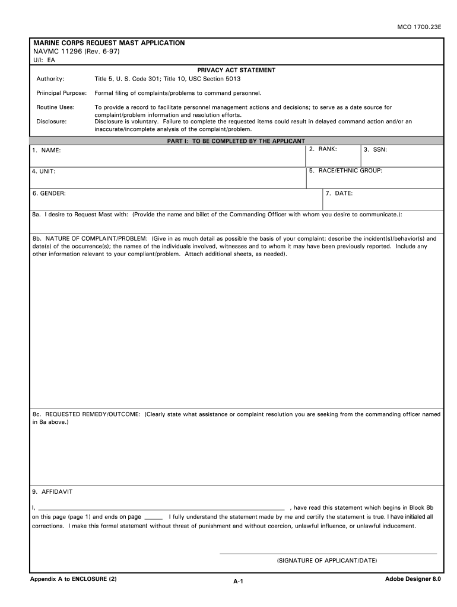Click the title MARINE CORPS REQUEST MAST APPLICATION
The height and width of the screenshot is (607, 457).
point(109,43)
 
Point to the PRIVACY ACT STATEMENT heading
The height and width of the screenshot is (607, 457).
point(236,70)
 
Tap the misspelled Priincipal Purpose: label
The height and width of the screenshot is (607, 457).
point(61,93)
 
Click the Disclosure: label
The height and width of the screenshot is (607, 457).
point(51,122)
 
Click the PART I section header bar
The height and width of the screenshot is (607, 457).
point(236,141)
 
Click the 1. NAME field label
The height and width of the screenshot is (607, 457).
point(47,151)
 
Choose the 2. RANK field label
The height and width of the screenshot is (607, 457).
point(323,149)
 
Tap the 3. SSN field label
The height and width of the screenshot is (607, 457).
point(376,150)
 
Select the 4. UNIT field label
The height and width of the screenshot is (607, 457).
point(44,171)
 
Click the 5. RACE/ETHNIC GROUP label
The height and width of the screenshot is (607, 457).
point(345,170)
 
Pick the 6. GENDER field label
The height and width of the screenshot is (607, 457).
point(49,193)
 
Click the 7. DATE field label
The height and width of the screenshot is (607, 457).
point(339,193)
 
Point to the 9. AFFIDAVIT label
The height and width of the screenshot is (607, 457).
point(53,491)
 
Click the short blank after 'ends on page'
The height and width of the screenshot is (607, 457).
point(153,517)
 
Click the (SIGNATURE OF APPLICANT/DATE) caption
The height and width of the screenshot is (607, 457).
point(327,560)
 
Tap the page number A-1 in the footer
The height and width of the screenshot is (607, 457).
point(239,582)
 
